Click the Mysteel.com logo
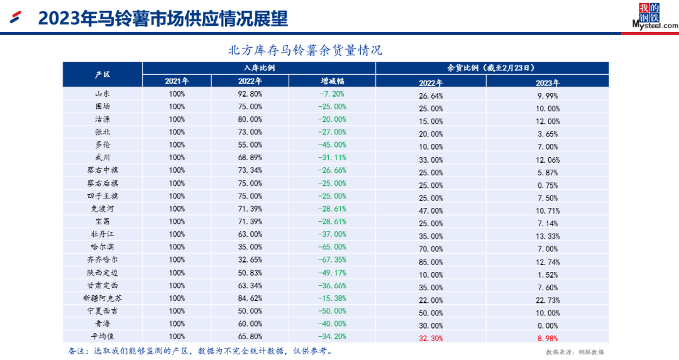[654, 16]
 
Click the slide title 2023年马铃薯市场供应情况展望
[163, 19]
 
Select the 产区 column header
[102, 74]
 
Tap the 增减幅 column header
[333, 81]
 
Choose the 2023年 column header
[548, 82]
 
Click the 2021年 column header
[177, 81]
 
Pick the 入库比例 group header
[259, 68]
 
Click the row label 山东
[102, 94]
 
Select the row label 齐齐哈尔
[102, 259]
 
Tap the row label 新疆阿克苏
[102, 298]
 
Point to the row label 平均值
[102, 336]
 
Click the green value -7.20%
[333, 94]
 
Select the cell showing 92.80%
[250, 94]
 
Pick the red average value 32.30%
[431, 337]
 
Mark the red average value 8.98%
[548, 337]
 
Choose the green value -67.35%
[333, 259]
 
